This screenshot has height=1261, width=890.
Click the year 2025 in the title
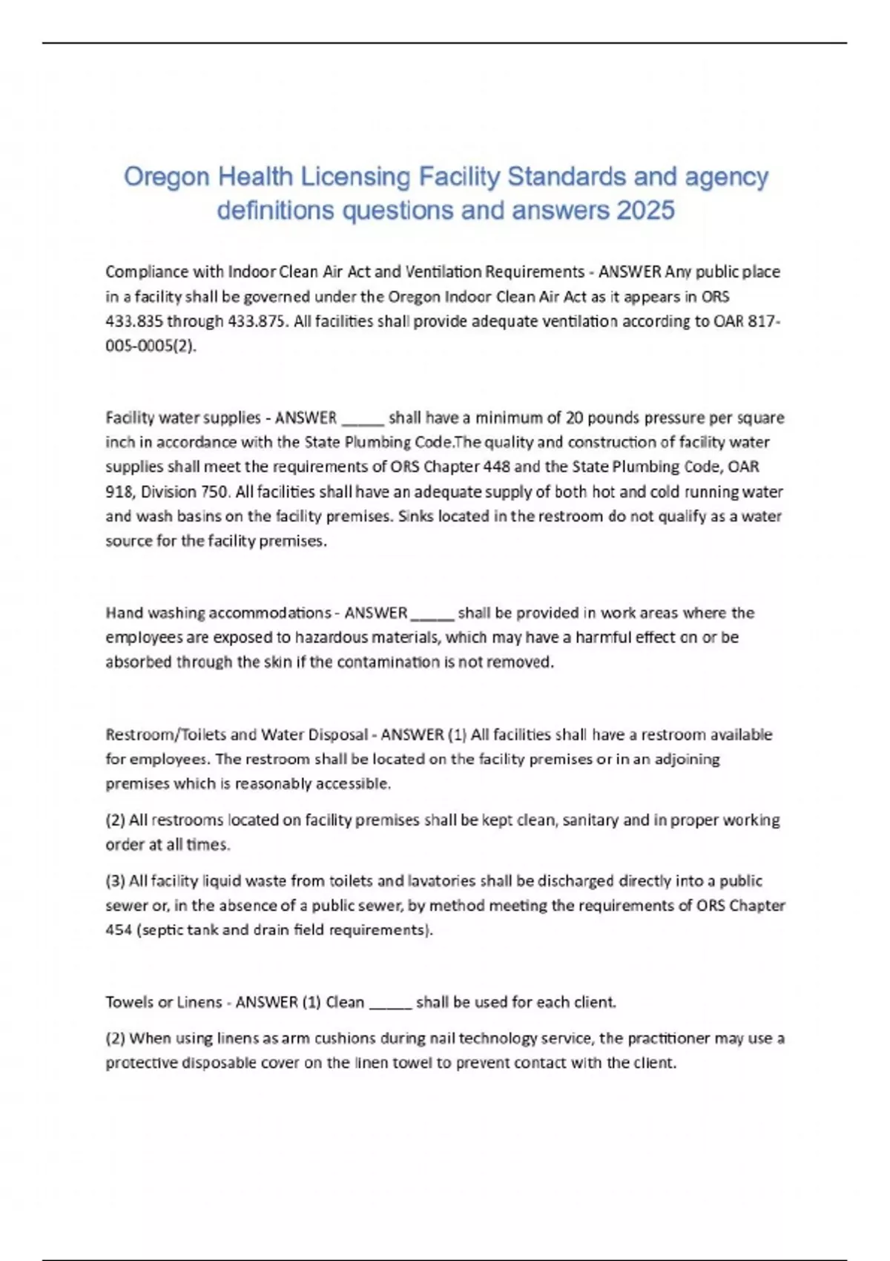(645, 211)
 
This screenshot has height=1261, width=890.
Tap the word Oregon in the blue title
(166, 177)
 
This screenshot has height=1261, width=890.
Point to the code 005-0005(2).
(151, 346)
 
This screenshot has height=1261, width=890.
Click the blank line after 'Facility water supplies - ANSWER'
(362, 418)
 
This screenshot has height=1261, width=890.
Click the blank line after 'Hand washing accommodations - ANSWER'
(432, 613)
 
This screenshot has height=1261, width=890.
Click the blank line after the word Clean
(390, 1003)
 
